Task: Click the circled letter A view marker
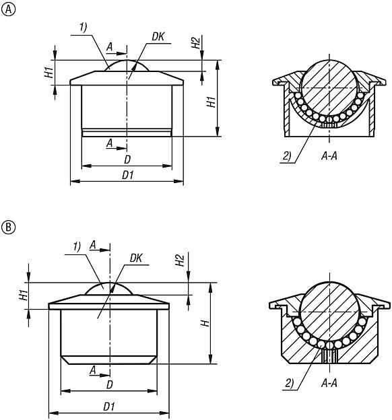[x=9, y=9]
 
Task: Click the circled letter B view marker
[x=9, y=227]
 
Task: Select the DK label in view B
[x=135, y=258]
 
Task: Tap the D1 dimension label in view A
[x=127, y=175]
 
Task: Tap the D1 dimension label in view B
[x=108, y=407]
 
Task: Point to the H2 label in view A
[x=196, y=42]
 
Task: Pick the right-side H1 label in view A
[x=211, y=102]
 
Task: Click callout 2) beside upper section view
[x=287, y=156]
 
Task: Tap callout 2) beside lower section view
[x=289, y=384]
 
